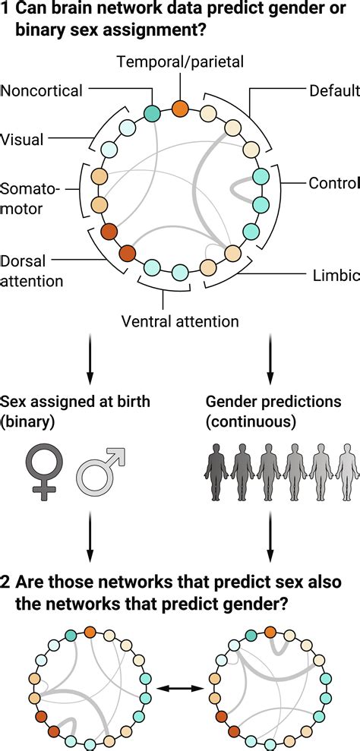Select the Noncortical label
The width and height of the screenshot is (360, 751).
pos(42,91)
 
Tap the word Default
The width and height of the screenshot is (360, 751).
pos(334,91)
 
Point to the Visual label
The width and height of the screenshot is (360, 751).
pos(22,139)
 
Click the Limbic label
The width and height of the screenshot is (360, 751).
pos(334,276)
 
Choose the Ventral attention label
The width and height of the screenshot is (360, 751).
pos(180,321)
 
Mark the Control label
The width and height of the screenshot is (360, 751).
pos(333,183)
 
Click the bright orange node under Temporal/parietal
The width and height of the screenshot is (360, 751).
pos(180,109)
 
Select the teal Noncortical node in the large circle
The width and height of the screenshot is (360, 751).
pos(153,114)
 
